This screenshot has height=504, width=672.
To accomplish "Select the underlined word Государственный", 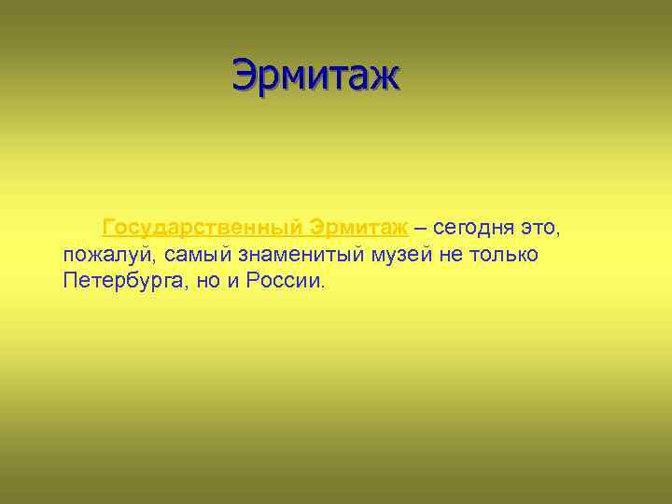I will click(x=203, y=228).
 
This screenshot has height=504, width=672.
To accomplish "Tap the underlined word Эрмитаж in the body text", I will click(x=358, y=228).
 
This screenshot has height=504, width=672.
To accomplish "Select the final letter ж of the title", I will click(x=386, y=76).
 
